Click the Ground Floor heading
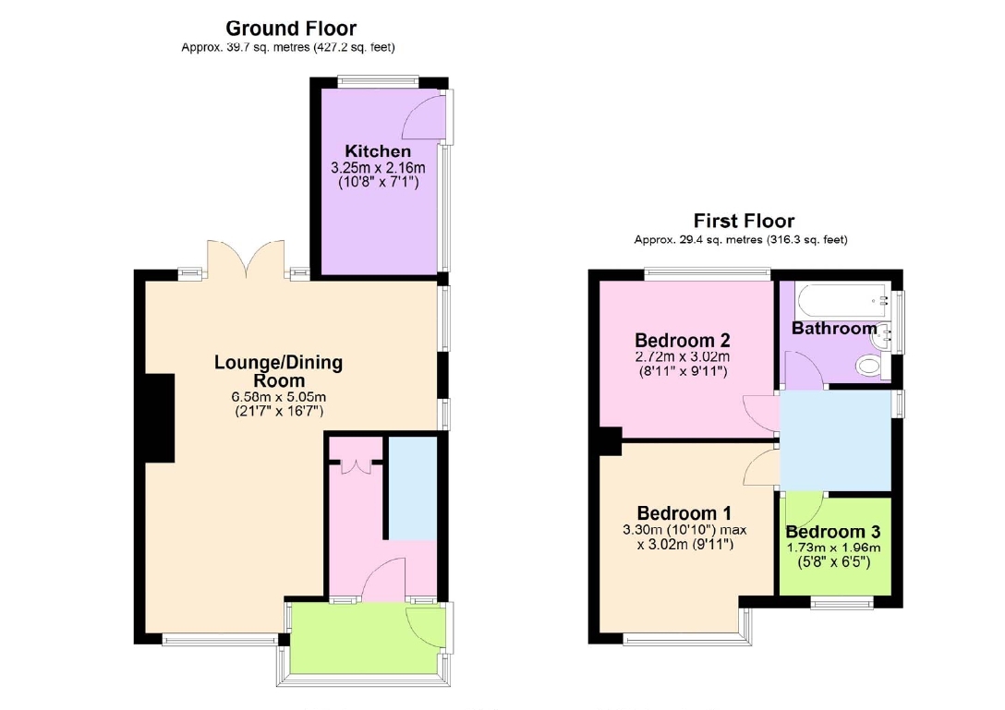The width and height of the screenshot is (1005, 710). (291, 29)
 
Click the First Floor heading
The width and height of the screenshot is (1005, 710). (744, 221)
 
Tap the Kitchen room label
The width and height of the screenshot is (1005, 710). (378, 151)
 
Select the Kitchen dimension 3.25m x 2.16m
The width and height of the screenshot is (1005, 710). (378, 168)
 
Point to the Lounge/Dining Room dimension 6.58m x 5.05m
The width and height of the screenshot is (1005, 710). (279, 397)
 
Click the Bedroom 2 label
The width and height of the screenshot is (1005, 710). (683, 340)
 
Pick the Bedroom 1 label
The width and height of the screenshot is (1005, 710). (684, 513)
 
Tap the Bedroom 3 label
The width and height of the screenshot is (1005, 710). (833, 532)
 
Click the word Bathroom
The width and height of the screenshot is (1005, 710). (834, 328)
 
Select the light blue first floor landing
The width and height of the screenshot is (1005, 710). (835, 441)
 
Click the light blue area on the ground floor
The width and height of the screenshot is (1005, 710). (413, 488)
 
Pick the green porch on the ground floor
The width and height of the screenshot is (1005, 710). (368, 638)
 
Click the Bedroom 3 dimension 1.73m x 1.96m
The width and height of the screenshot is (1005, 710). (833, 548)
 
